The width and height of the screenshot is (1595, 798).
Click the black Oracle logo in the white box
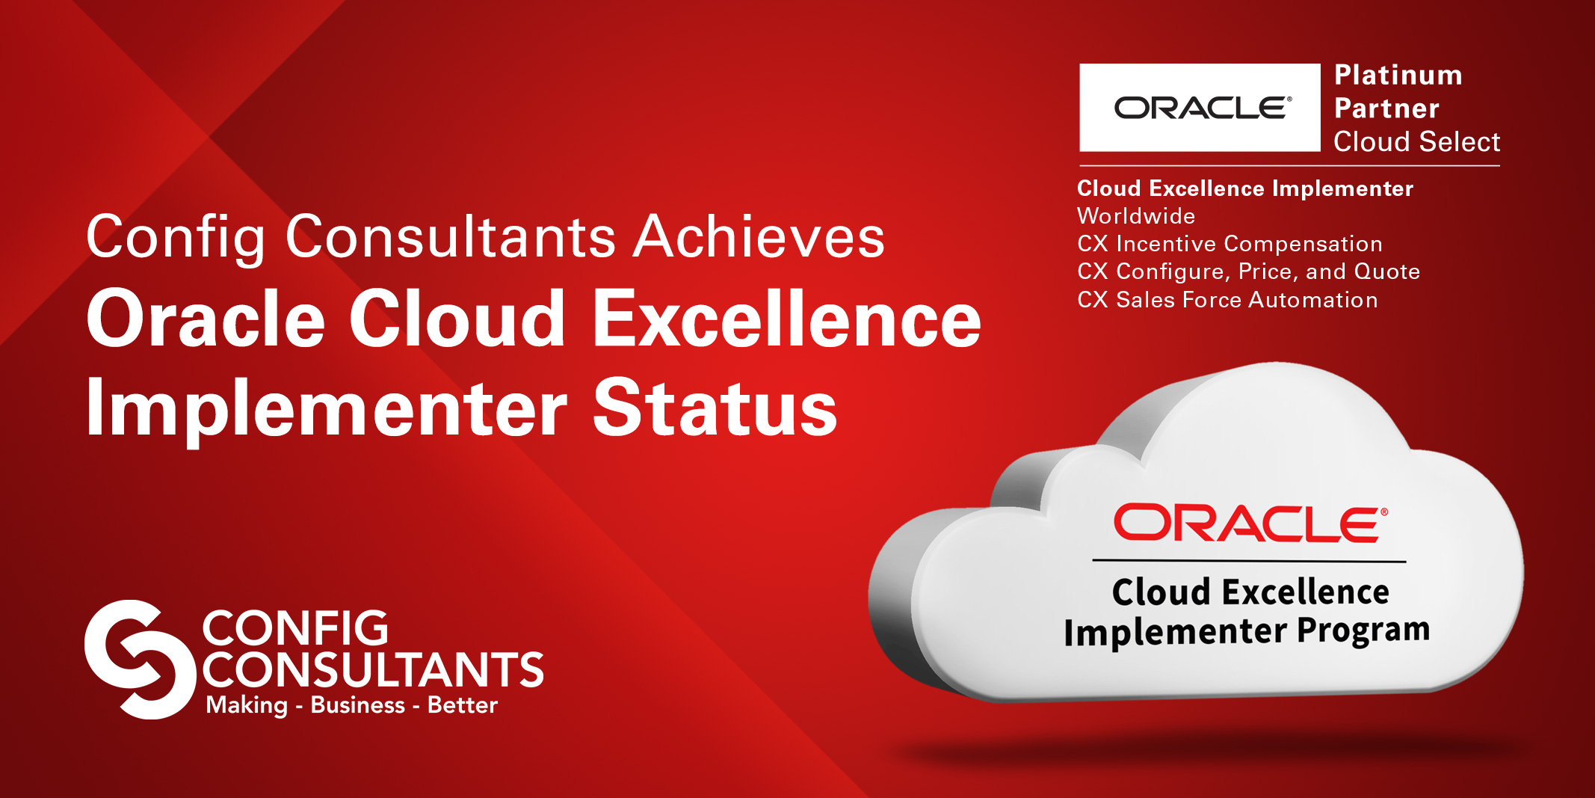point(1203,108)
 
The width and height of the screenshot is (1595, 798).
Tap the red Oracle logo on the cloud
point(1250,523)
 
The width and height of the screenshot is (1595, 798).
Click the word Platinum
point(1398,75)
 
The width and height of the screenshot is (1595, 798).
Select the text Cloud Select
point(1416,141)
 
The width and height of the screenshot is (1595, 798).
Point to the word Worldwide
point(1136,216)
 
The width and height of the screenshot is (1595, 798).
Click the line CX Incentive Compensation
point(1230,244)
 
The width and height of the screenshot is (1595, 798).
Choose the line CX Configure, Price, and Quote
point(1248,271)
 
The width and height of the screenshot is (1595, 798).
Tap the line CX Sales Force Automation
point(1227,300)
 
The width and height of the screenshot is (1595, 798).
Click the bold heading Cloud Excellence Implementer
point(1245,188)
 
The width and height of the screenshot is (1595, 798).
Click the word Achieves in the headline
point(759,237)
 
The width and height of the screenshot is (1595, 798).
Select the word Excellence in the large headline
point(787,319)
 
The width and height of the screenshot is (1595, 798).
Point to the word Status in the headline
point(715,408)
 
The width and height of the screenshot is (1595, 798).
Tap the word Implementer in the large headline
point(327,411)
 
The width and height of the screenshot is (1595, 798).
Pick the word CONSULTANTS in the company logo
point(372,669)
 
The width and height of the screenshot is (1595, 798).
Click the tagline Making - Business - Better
point(351,705)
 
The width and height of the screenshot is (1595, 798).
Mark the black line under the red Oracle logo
point(1249,560)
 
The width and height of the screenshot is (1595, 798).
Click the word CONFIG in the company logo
point(294,627)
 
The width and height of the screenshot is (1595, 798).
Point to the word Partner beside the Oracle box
point(1386,108)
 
